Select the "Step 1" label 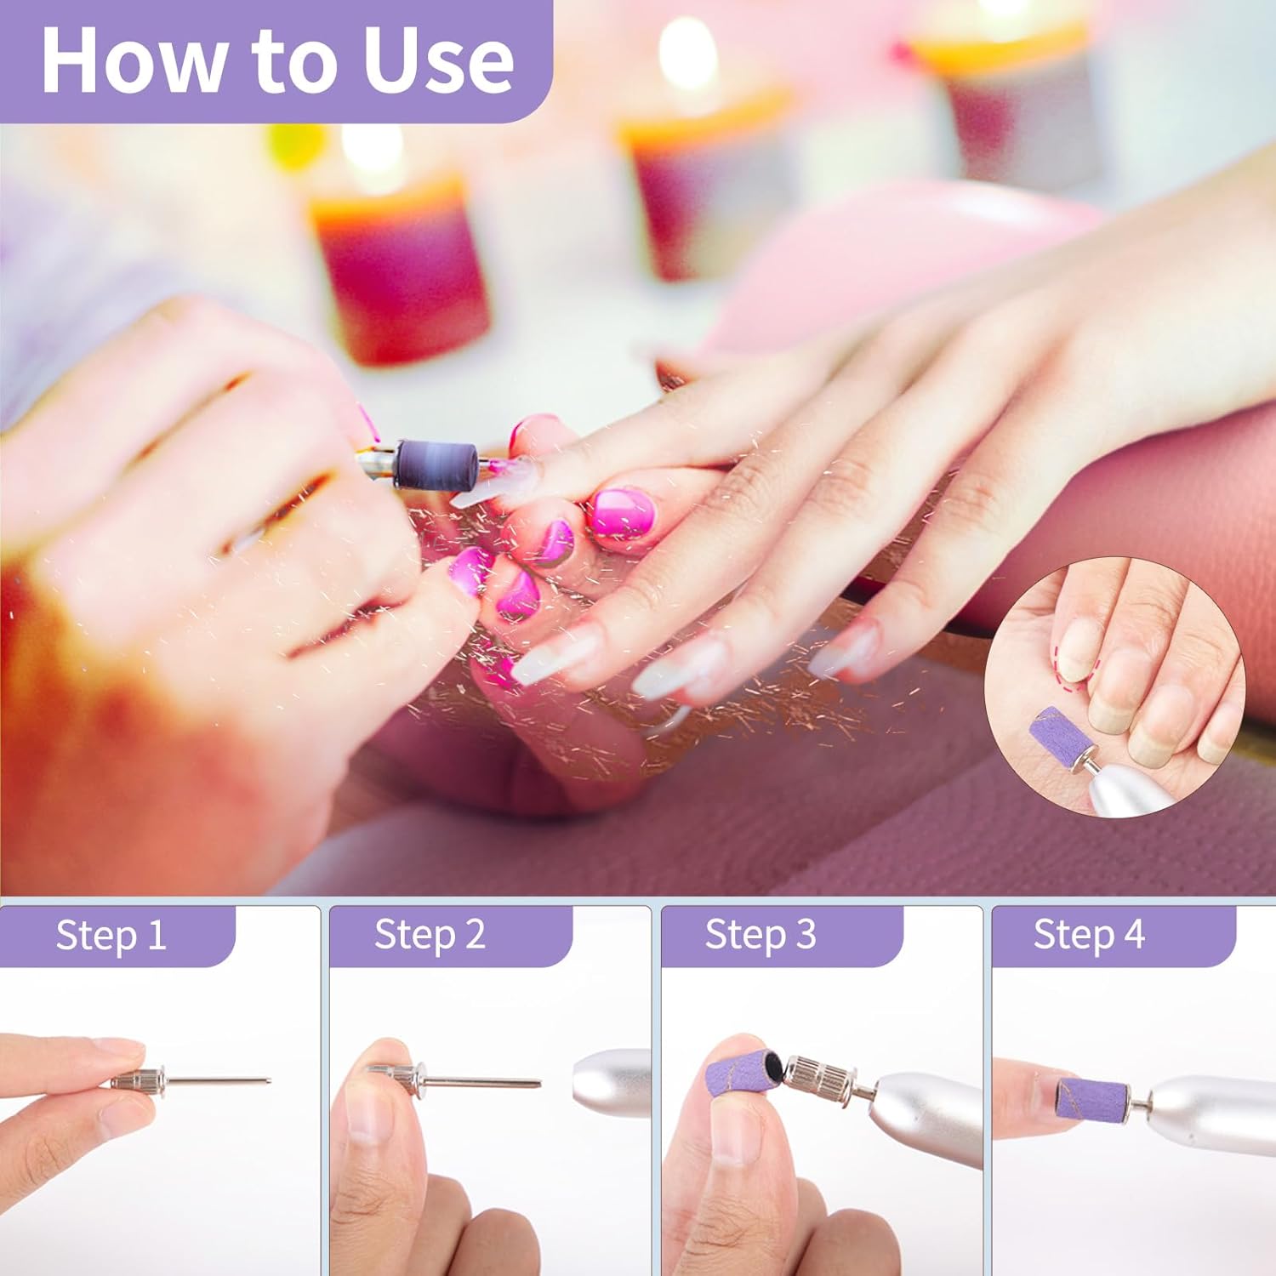pyautogui.click(x=111, y=935)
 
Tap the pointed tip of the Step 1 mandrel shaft pyautogui.click(x=271, y=1081)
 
